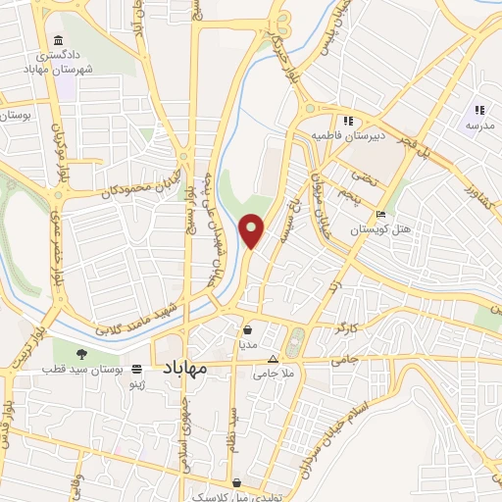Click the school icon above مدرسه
(x=479, y=111)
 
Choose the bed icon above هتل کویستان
(x=380, y=216)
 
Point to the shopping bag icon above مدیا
(x=247, y=330)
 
